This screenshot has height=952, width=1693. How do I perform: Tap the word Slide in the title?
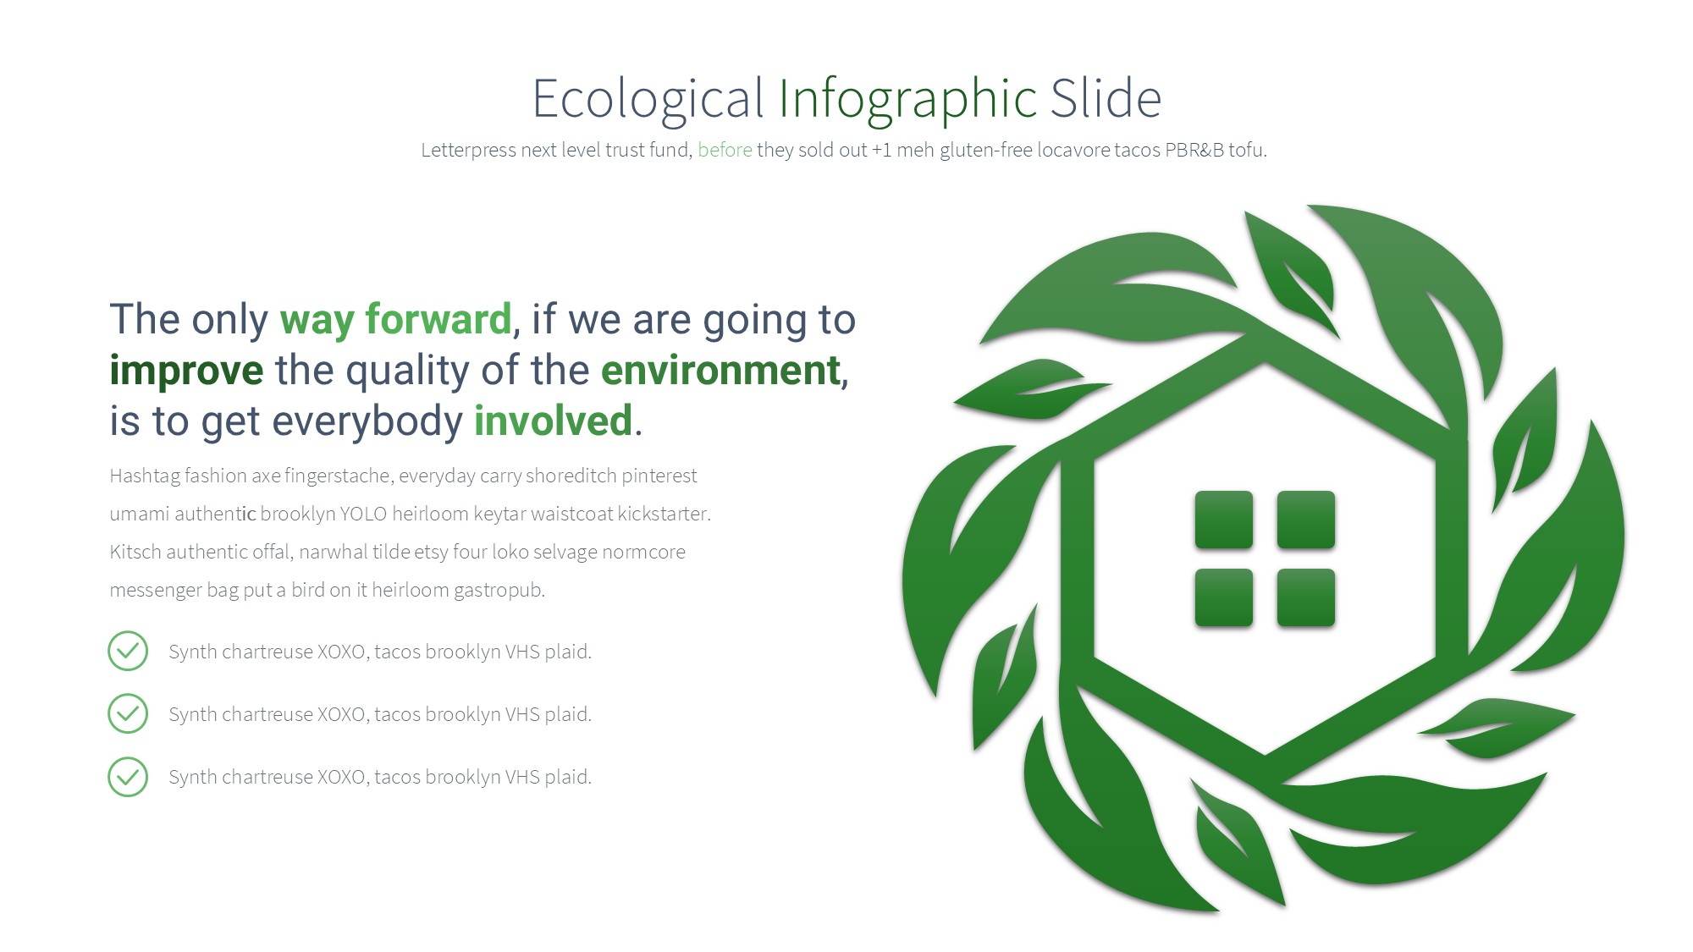click(1106, 97)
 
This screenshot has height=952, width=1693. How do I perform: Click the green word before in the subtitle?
click(725, 150)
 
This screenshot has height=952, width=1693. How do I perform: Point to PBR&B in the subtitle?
click(1194, 150)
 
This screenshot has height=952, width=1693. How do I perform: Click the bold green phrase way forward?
click(396, 320)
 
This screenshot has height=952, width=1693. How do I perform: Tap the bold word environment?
click(721, 371)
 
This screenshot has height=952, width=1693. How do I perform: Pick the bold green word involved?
click(554, 421)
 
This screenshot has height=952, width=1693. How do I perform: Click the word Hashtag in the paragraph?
click(145, 476)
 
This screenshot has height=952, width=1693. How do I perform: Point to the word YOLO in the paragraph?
click(363, 514)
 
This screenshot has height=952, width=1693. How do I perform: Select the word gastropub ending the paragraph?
click(500, 591)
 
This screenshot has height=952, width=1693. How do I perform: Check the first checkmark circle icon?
click(128, 651)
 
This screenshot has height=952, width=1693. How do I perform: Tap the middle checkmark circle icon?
click(128, 713)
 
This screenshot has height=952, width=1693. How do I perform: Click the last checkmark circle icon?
click(128, 776)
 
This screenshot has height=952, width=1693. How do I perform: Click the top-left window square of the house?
click(1224, 520)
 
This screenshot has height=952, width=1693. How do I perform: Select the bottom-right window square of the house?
click(1306, 598)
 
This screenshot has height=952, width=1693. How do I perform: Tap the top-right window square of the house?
click(1306, 520)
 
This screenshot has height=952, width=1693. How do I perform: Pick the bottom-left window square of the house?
click(1224, 598)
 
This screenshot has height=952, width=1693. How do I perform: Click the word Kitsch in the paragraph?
click(135, 552)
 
